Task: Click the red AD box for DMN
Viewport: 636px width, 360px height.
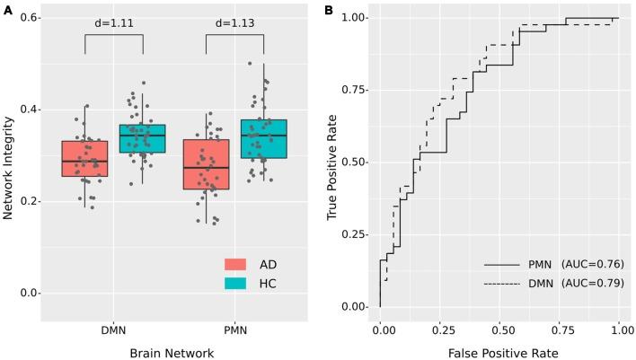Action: (x=84, y=158)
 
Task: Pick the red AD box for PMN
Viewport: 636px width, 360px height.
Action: (x=206, y=164)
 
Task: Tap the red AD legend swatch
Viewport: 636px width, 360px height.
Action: (x=236, y=264)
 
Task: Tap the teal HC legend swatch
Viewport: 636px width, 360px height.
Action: (x=236, y=284)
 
